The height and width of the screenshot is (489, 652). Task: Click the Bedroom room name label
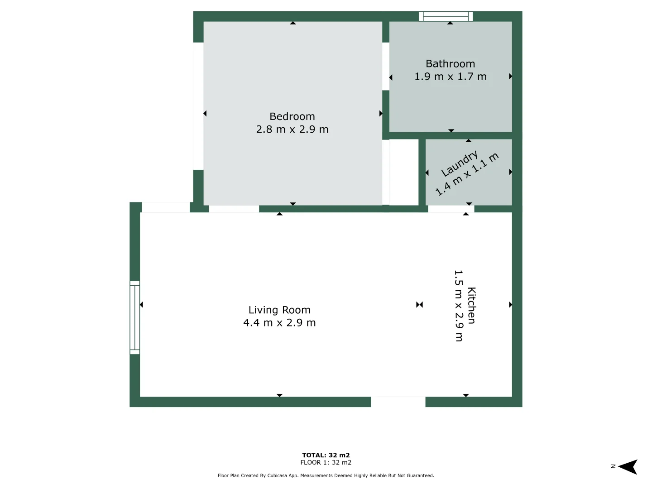point(292,116)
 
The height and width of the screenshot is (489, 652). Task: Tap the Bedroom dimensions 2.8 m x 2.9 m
point(292,129)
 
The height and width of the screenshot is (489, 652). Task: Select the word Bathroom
point(450,64)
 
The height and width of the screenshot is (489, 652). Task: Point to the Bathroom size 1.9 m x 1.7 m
point(450,77)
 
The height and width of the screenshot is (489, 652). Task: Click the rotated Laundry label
point(459,164)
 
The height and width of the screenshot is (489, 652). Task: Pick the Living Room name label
point(279,310)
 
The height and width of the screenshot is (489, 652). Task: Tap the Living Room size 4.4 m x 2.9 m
point(279,323)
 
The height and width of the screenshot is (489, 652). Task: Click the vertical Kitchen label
point(471,306)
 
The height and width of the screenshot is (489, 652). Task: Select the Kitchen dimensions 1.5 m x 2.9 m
point(458,306)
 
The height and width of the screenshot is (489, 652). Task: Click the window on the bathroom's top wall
point(446,17)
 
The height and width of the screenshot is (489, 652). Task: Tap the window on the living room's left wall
point(134,317)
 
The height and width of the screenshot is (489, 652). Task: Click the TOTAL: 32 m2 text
point(326,455)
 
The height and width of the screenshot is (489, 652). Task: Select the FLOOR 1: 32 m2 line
point(326,463)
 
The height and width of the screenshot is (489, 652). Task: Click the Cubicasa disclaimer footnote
point(326,475)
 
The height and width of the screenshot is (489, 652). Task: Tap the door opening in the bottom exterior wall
point(398,402)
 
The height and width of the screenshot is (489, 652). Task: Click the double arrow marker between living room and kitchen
point(419,305)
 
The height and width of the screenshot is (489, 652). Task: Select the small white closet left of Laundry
point(403,172)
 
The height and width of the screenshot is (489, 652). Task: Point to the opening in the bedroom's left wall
point(198,106)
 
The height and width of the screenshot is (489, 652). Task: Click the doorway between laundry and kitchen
point(451,209)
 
